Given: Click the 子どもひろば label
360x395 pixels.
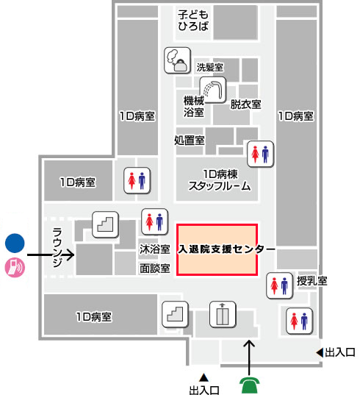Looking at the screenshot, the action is click(x=193, y=21).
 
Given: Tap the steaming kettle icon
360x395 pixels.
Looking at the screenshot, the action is click(x=177, y=60).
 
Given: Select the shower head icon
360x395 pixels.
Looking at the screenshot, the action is click(x=213, y=90).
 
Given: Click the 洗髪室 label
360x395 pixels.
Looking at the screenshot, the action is click(x=210, y=67).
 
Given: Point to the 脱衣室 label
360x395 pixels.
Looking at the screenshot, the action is click(x=245, y=104).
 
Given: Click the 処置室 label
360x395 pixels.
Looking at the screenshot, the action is click(x=189, y=140).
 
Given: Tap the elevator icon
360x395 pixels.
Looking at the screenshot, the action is click(x=223, y=314).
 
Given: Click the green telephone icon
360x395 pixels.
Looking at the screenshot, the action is click(x=249, y=385).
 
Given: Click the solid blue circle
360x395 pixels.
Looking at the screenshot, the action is click(x=15, y=243).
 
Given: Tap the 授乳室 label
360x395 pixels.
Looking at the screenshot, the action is click(x=312, y=281).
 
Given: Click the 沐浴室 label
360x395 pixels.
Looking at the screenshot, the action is click(x=155, y=249).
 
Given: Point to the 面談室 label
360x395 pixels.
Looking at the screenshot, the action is click(x=155, y=268).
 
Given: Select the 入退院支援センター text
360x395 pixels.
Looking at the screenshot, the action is click(x=227, y=249).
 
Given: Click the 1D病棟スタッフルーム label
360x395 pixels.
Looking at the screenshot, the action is click(x=220, y=180).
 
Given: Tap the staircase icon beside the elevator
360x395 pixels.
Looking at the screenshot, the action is click(x=175, y=314).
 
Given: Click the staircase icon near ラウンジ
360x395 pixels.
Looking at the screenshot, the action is click(x=105, y=224).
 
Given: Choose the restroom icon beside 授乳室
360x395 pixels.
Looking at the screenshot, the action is click(x=280, y=285).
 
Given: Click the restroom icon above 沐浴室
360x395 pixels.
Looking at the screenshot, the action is click(x=154, y=222).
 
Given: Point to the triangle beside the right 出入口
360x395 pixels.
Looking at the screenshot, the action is click(x=320, y=352).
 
